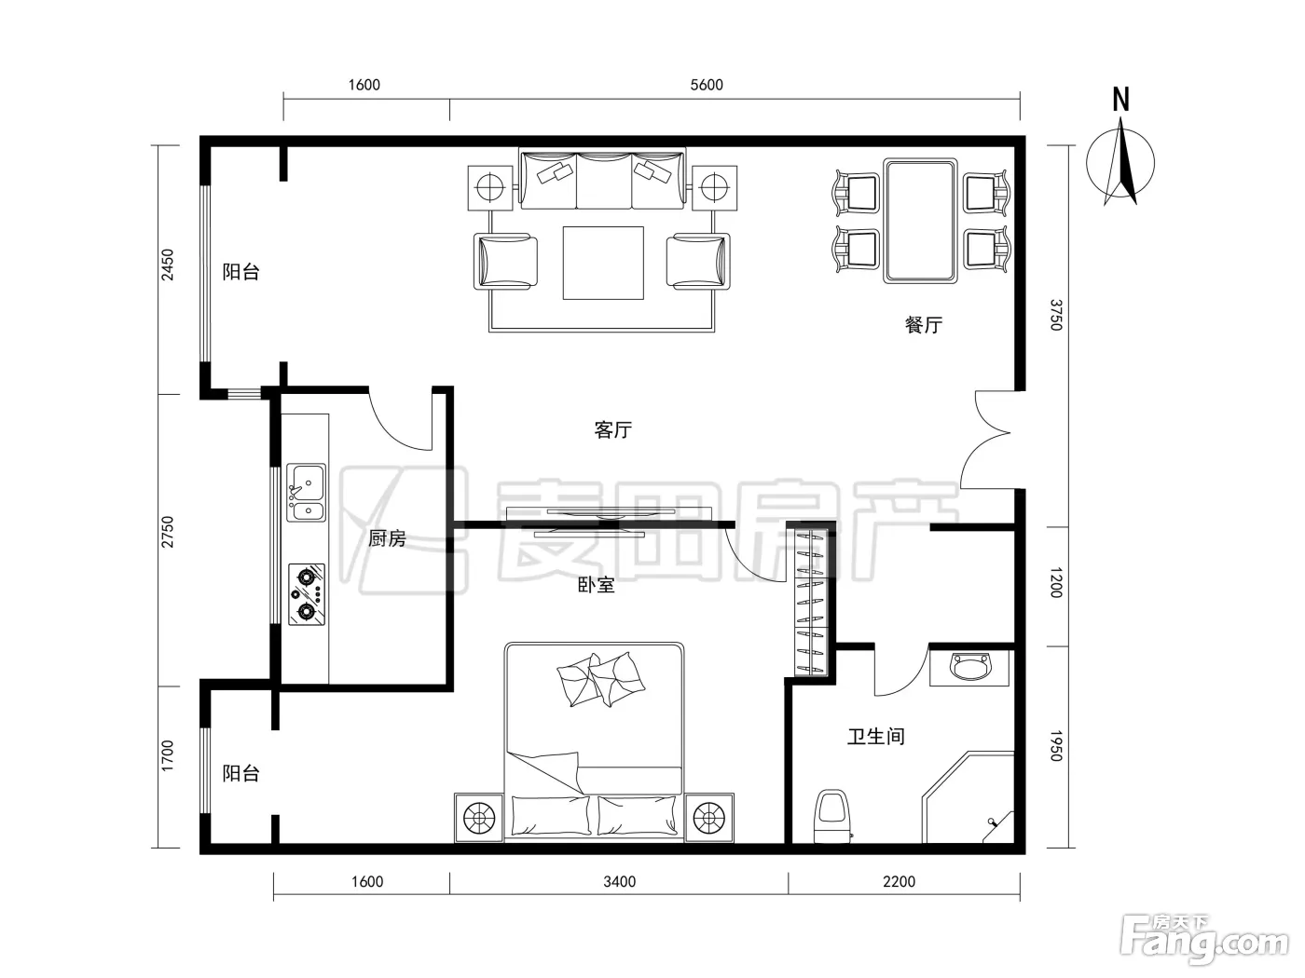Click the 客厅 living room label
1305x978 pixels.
[612, 429]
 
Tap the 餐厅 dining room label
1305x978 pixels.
[924, 325]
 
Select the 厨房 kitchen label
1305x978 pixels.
[387, 538]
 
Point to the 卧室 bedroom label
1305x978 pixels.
[596, 585]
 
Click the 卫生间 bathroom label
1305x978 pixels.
[875, 737]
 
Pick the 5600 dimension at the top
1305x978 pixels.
[707, 85]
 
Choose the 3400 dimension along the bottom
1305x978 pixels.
[620, 882]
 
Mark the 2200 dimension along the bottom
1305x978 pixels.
[899, 882]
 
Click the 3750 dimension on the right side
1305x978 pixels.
[1055, 315]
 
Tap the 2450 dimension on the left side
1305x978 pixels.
[169, 265]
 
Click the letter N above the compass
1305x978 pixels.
[1120, 100]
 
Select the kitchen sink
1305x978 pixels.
[306, 493]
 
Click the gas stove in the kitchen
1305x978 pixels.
[307, 594]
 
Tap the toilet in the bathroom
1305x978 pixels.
[832, 816]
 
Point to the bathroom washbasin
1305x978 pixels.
[969, 668]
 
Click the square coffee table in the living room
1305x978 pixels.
[603, 263]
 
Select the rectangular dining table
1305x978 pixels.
[920, 221]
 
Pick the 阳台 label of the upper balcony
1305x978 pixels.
[240, 271]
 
